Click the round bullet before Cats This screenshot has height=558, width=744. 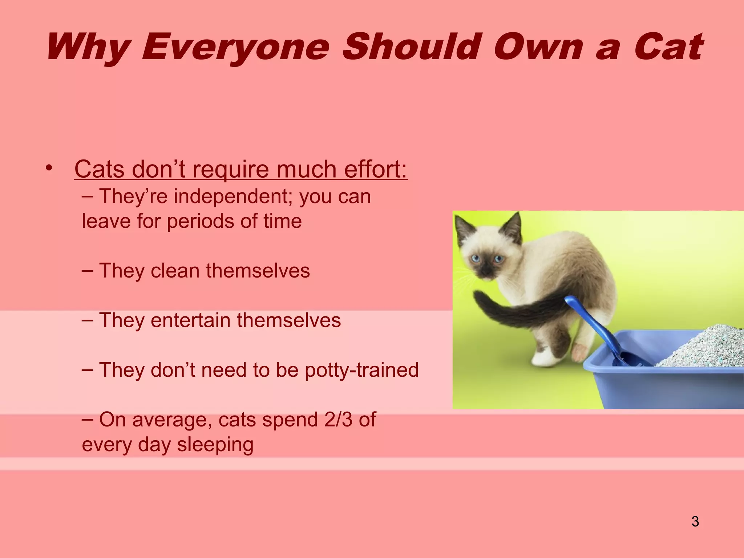click(x=49, y=168)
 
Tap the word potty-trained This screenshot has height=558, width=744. click(x=361, y=370)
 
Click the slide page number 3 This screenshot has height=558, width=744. click(x=695, y=521)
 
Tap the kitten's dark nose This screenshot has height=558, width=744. click(x=485, y=271)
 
